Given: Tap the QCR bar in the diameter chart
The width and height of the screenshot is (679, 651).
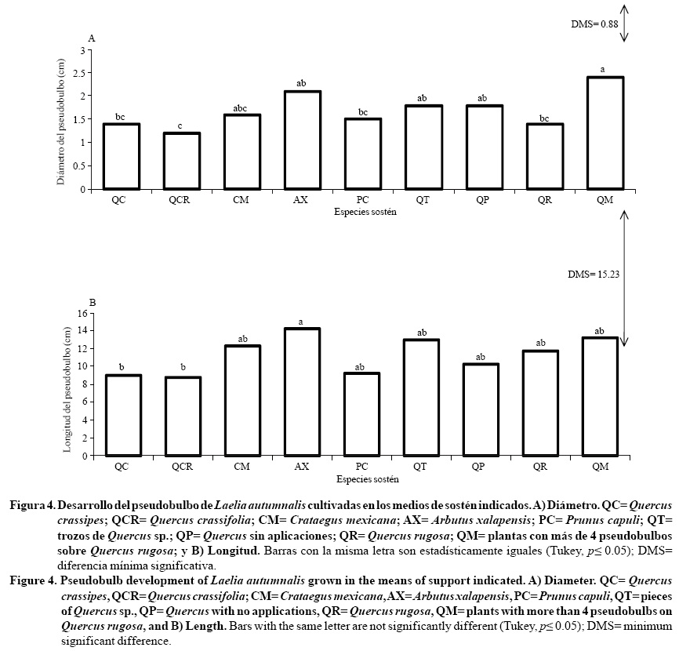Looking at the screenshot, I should [x=181, y=162].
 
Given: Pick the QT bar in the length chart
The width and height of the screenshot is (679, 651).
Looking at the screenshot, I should [x=421, y=398].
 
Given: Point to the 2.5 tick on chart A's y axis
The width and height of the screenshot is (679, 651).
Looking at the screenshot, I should [x=82, y=72].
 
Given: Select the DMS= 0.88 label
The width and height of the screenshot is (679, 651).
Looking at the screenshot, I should [x=594, y=24].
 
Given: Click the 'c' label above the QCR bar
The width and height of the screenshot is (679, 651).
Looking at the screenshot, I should [x=181, y=126].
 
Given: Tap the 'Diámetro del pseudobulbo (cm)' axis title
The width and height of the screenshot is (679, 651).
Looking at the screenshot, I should [x=60, y=119].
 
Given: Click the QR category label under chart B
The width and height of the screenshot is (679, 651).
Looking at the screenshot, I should [x=540, y=467].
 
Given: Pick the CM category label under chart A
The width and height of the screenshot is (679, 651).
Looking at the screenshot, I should [x=241, y=201].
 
